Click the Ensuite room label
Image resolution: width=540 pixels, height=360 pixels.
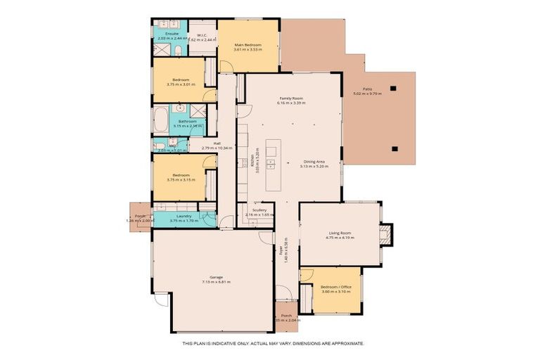pyautogui.click(x=172, y=34)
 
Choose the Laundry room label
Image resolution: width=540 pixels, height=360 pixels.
pyautogui.click(x=184, y=216)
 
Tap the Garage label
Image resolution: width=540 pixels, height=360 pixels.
pyautogui.click(x=216, y=277)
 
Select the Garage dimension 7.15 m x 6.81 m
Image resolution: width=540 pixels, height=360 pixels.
pyautogui.click(x=216, y=282)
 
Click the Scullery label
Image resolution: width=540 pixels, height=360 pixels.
pyautogui.click(x=259, y=210)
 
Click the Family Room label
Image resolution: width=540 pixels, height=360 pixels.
pyautogui.click(x=290, y=98)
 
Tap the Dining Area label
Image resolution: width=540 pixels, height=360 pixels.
pyautogui.click(x=314, y=162)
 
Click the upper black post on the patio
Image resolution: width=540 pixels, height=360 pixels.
pyautogui.click(x=394, y=88)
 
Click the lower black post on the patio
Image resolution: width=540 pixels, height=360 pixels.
pyautogui.click(x=394, y=148)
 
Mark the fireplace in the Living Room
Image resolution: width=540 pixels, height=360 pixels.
pyautogui.click(x=385, y=234)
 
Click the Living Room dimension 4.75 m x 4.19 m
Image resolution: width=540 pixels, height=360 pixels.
pyautogui.click(x=340, y=238)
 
